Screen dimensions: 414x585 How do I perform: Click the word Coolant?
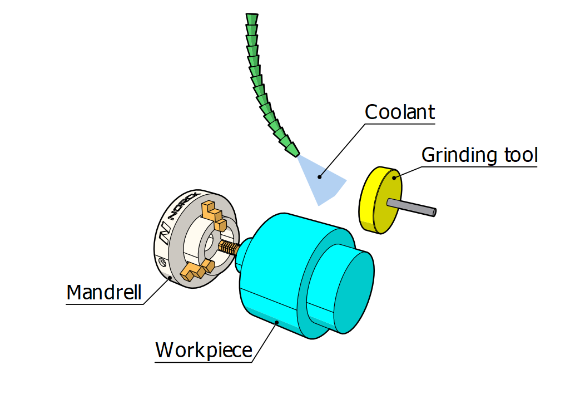click(399, 112)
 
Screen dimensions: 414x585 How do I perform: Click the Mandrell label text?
click(104, 292)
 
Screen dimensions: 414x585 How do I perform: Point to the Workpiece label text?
click(204, 351)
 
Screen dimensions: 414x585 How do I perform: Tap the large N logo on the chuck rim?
click(164, 234)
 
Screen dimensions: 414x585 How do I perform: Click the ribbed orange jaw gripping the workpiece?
click(228, 247)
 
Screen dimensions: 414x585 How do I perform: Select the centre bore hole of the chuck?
click(211, 243)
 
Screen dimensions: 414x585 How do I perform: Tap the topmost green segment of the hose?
click(252, 18)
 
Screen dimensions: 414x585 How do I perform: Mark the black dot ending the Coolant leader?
click(319, 178)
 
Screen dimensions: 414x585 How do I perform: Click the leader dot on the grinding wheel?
click(395, 178)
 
